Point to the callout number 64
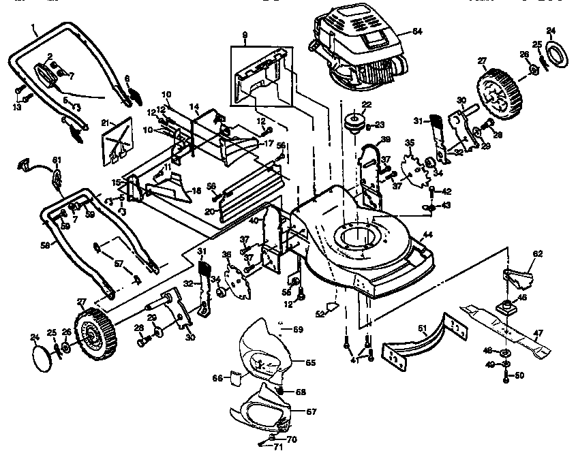[x=416, y=31]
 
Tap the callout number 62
[x=537, y=253]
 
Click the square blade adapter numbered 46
[x=506, y=305]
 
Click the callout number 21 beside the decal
[x=105, y=123]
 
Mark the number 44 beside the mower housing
[x=428, y=234]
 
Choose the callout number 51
[x=422, y=330]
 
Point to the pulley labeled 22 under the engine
[x=354, y=123]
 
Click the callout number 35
[x=410, y=144]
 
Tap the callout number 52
[x=320, y=314]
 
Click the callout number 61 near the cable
[x=57, y=160]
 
